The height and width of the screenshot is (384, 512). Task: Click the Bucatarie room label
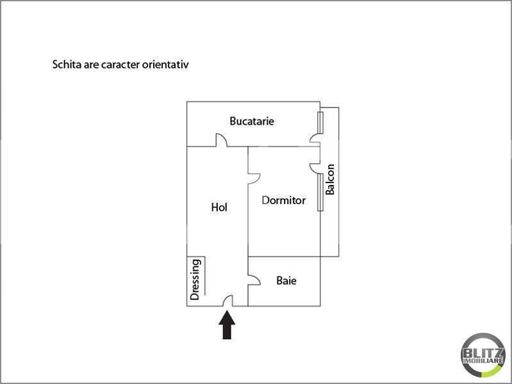[252, 121]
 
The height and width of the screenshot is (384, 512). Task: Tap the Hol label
[219, 207]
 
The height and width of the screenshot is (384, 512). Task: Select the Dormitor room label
[284, 200]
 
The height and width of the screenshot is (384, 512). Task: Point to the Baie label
[286, 280]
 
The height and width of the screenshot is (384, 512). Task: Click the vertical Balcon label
[330, 179]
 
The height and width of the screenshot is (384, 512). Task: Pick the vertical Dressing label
[195, 279]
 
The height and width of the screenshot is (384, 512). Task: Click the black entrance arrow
[227, 325]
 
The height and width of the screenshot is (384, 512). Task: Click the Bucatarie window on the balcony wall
[320, 123]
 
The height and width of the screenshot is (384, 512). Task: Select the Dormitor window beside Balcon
[320, 192]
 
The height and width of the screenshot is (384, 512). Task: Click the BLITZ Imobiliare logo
[483, 355]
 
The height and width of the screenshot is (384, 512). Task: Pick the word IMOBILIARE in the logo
[483, 361]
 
